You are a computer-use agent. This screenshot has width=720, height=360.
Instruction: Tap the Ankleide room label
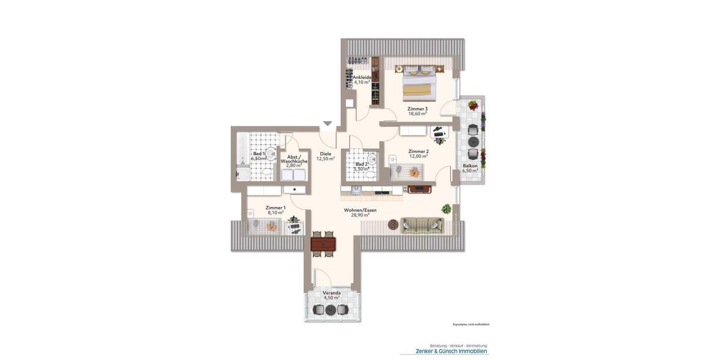[363, 77]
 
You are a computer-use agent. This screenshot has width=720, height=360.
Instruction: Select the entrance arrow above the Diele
[327, 124]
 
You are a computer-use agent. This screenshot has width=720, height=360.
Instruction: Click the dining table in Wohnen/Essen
[323, 244]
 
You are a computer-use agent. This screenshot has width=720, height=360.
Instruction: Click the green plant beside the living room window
[446, 209]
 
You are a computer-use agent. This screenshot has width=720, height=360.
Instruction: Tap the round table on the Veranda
[330, 310]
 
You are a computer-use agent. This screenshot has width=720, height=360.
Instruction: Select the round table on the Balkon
[473, 142]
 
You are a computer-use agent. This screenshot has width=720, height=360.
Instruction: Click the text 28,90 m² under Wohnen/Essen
[360, 215]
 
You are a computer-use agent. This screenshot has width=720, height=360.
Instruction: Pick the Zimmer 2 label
[418, 152]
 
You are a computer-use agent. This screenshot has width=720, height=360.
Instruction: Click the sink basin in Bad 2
[372, 159]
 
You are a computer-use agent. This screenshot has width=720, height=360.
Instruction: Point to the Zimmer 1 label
[275, 208]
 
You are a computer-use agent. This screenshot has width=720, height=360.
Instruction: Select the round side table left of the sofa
[393, 224]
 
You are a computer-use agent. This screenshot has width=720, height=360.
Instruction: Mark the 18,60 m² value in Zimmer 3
[417, 113]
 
